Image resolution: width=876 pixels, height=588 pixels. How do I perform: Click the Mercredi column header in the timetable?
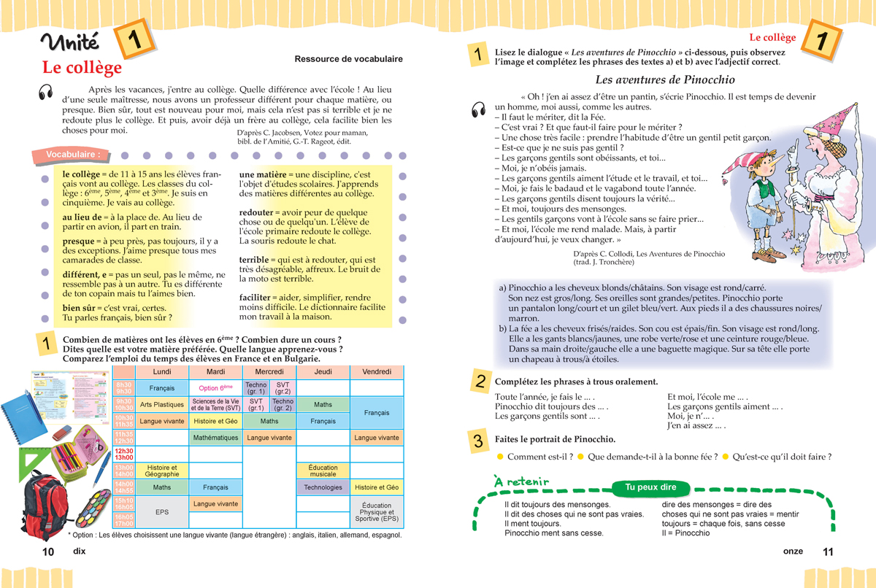(269, 372)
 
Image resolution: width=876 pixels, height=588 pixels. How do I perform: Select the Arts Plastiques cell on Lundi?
(162, 404)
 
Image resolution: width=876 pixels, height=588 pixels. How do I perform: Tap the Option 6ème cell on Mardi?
(215, 388)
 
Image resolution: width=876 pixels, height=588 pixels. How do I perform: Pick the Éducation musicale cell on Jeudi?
(323, 471)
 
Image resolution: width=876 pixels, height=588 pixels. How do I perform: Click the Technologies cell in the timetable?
(323, 487)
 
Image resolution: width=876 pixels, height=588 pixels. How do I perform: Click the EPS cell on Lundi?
(162, 512)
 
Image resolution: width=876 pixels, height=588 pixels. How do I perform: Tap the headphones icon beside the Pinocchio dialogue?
(480, 109)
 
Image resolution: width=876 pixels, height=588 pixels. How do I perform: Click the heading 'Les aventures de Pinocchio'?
(665, 80)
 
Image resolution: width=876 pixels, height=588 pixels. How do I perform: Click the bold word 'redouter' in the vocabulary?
(256, 212)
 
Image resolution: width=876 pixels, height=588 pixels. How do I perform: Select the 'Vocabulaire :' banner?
(73, 155)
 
